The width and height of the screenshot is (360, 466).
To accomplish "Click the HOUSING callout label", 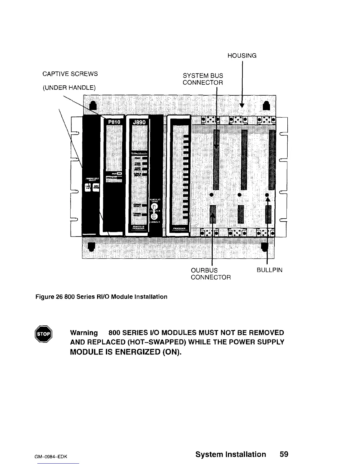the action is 242,56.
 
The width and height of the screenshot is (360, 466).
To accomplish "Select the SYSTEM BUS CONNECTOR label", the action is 203,79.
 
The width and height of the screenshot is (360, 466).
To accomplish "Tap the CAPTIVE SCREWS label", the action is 70,74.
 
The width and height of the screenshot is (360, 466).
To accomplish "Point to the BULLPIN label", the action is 269,270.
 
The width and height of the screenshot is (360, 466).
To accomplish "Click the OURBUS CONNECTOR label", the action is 211,274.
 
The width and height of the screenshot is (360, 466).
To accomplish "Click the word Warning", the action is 84,333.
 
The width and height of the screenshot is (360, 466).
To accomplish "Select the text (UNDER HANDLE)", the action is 69,88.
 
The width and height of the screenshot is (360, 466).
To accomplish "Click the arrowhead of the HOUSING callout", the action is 242,105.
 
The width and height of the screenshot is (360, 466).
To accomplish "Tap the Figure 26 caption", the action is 102,297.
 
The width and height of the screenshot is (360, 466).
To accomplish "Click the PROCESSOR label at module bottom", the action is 179,229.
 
